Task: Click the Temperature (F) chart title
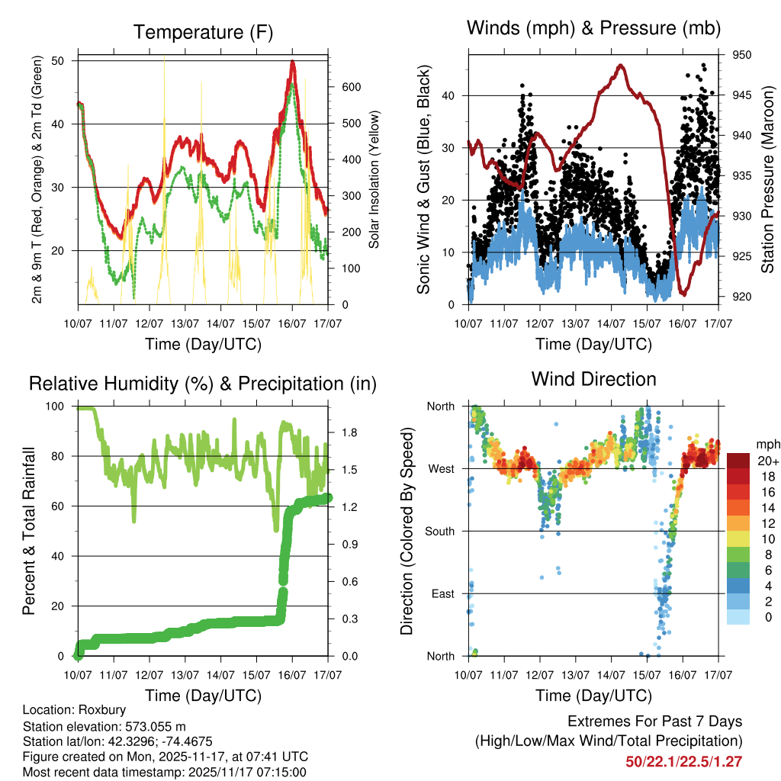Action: [203, 32]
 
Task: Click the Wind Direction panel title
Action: [593, 378]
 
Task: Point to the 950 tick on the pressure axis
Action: [742, 55]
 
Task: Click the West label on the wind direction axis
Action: [440, 468]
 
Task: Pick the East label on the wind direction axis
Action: [442, 593]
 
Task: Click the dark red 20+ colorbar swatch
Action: [739, 461]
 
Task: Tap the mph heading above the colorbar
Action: [767, 444]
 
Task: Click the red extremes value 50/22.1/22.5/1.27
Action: [684, 761]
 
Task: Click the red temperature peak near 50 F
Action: [293, 63]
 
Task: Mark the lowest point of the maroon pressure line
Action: [683, 294]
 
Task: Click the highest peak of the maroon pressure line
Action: [621, 66]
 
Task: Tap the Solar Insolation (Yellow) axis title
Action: [374, 179]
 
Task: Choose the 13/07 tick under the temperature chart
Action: [185, 324]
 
